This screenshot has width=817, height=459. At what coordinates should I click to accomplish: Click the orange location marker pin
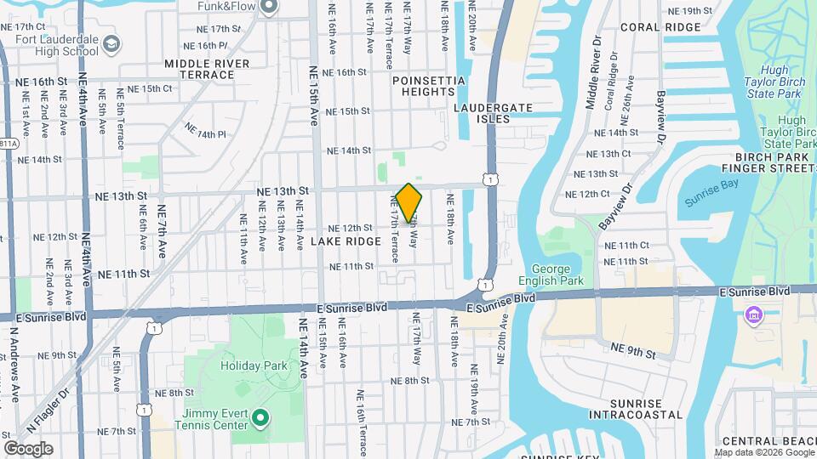(409, 202)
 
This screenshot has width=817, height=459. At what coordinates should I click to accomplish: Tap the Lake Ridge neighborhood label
(346, 242)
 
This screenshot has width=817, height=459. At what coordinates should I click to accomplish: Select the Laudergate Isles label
(493, 113)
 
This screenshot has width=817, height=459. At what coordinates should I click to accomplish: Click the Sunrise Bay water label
(709, 202)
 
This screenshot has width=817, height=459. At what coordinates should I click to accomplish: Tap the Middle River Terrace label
(207, 69)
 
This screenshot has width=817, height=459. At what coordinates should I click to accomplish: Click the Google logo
(28, 448)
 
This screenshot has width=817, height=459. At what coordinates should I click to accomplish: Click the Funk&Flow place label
(221, 7)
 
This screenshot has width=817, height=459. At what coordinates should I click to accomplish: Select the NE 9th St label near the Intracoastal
(633, 348)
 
